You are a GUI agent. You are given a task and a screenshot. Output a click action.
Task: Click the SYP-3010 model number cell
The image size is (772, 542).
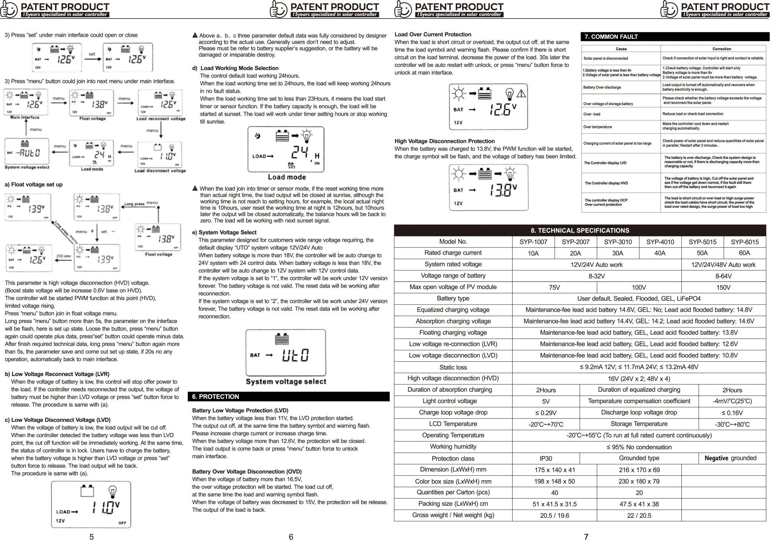click(618, 242)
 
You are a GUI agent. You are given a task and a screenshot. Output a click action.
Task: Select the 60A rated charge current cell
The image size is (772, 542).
click(744, 253)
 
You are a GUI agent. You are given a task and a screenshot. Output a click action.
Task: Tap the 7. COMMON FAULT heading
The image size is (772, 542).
click(611, 37)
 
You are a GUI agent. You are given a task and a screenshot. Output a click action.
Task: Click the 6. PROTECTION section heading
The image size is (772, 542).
click(215, 397)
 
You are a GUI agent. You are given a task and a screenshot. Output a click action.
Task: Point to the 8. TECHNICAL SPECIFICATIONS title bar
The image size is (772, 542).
click(580, 230)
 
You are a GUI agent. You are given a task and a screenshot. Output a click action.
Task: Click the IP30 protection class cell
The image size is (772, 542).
click(545, 458)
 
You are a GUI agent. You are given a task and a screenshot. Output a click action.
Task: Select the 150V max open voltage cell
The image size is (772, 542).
click(723, 287)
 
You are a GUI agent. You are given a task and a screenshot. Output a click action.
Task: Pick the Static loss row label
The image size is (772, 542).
click(453, 367)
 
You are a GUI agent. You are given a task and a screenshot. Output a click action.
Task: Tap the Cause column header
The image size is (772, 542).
click(621, 49)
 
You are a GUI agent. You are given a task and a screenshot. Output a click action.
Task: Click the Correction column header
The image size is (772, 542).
click(721, 49)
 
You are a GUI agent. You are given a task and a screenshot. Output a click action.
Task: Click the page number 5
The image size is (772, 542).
click(92, 537)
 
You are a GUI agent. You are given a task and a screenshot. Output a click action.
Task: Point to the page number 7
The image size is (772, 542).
click(586, 537)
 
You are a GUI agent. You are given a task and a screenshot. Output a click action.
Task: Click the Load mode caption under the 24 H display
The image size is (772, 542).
click(286, 177)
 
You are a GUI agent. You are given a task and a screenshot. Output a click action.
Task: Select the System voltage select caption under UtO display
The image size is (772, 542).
click(286, 381)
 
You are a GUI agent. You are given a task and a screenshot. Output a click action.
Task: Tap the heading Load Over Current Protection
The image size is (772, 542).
click(433, 35)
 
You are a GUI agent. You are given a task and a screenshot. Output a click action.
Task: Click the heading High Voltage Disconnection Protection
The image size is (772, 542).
click(444, 141)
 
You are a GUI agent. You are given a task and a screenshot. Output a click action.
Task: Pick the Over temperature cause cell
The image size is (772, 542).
click(597, 127)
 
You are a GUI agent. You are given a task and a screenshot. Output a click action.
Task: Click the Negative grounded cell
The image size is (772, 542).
click(730, 458)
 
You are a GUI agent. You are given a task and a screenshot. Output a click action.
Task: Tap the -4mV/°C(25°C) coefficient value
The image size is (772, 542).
click(732, 401)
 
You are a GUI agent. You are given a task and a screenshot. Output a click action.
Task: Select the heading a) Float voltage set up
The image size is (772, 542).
click(34, 185)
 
